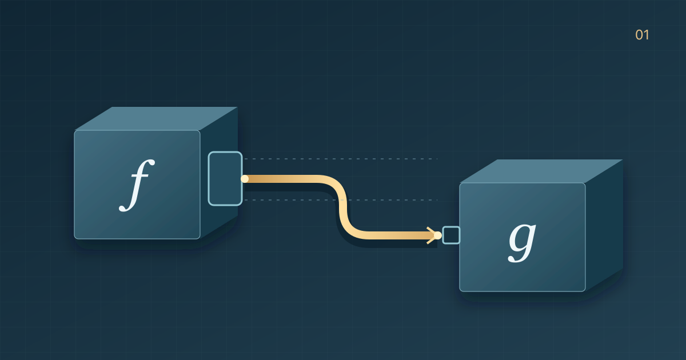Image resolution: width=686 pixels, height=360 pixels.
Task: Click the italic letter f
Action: point(137,186)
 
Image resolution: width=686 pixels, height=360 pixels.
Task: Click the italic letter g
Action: point(522,242)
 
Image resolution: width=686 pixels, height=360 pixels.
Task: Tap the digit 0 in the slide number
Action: point(639,35)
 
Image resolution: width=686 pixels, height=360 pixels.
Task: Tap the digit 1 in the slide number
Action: point(646,35)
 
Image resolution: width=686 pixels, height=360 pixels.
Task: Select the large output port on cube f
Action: point(225,178)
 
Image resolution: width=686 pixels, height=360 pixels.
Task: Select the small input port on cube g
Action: point(451,235)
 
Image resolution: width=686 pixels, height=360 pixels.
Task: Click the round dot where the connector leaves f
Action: point(245,179)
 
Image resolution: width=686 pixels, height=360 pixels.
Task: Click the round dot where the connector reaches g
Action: point(438,235)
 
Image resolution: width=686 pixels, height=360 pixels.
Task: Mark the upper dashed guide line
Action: point(341,159)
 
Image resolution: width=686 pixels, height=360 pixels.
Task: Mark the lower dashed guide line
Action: point(341,200)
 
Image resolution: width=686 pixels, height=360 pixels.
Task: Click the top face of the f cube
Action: point(156,118)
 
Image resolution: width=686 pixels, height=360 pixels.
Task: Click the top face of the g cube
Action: point(541,171)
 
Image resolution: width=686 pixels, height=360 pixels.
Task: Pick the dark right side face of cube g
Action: point(604,226)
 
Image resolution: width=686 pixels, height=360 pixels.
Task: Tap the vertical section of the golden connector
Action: point(344,207)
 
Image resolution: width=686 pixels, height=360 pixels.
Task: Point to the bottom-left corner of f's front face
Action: point(74,239)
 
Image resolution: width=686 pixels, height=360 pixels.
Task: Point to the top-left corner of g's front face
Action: point(460,183)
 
